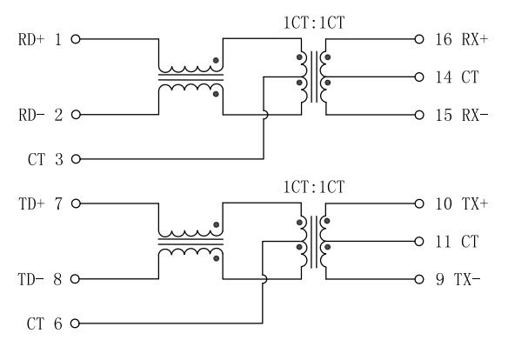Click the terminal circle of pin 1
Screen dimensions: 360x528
77,39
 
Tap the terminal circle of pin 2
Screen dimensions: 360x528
77,115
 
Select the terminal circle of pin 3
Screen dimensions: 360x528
77,159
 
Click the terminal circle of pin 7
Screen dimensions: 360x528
77,203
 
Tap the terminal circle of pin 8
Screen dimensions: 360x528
77,279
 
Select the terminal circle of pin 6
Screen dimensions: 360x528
77,323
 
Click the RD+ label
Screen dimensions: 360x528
32,39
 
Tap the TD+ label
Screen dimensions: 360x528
32,203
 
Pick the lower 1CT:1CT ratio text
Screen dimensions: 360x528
315,186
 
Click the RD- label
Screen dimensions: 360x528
32,115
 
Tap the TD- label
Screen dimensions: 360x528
32,279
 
